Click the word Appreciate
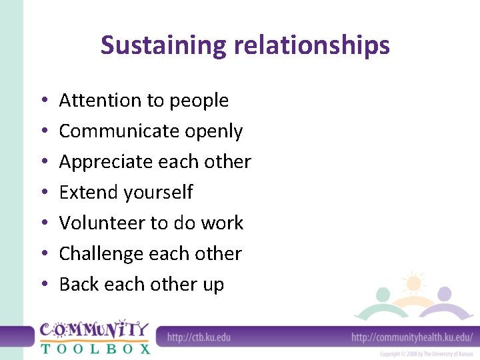point(105,162)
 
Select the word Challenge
point(101,254)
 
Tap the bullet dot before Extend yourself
point(42,193)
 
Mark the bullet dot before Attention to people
point(42,101)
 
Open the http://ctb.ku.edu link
point(199,337)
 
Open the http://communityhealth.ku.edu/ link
point(411,337)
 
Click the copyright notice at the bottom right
point(426,354)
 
